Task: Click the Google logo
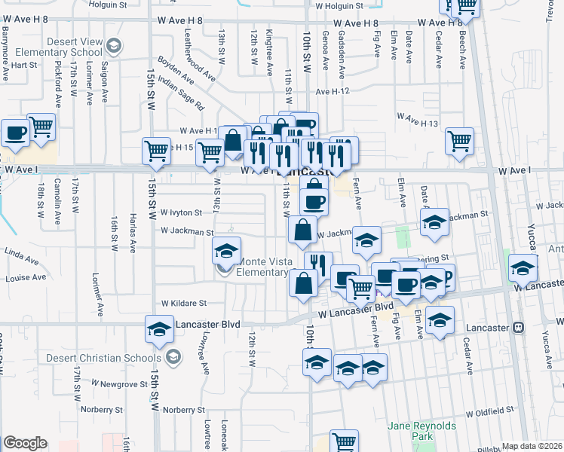(25, 443)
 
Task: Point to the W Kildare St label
(184, 303)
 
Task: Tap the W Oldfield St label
(489, 413)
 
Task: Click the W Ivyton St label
(180, 213)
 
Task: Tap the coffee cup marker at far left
(15, 134)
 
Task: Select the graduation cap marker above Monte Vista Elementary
(226, 251)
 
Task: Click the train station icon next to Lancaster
(519, 328)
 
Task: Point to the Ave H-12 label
(334, 91)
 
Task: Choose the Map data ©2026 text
(532, 446)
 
